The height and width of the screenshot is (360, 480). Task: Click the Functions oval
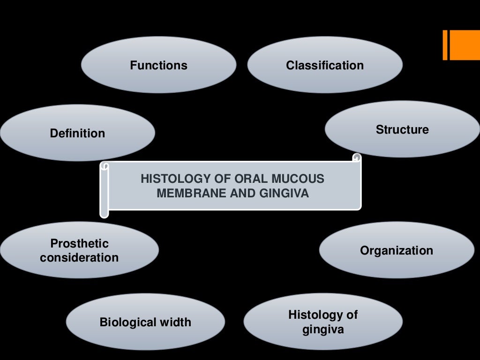[x=158, y=65]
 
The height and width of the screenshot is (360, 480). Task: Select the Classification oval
[x=325, y=65]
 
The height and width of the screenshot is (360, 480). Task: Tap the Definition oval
[x=77, y=133]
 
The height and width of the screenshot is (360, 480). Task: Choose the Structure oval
[x=402, y=129]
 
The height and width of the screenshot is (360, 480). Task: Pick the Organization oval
[x=397, y=250]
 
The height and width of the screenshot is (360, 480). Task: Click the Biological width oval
[x=145, y=322]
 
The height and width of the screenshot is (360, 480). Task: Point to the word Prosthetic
[x=79, y=243]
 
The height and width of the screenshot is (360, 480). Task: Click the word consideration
[x=79, y=257]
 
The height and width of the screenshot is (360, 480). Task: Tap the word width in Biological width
[x=176, y=322]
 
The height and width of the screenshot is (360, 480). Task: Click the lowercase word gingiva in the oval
[x=323, y=330]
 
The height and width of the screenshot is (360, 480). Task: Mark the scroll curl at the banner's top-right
[x=357, y=158]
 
